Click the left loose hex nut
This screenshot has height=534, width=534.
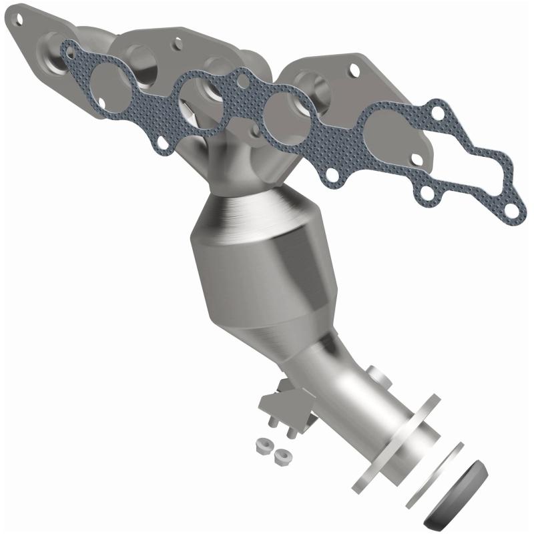[x=262, y=445]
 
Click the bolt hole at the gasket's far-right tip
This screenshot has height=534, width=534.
[x=511, y=210]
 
